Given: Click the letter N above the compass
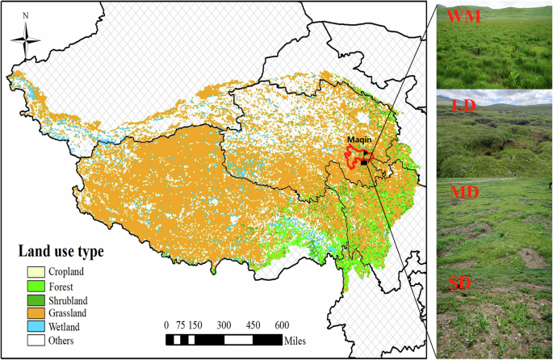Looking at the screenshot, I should (x=27, y=15).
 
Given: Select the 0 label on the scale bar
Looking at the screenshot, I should (x=167, y=324).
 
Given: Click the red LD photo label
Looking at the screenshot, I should (x=463, y=106).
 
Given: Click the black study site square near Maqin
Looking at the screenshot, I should (x=365, y=162).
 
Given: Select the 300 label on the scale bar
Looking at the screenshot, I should (x=224, y=324).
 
